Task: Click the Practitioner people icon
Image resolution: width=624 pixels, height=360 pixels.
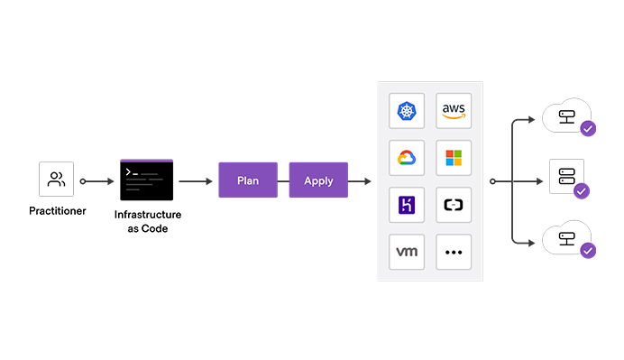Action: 56,180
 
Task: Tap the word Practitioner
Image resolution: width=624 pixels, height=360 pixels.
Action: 56,211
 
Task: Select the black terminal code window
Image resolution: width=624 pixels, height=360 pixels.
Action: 146,180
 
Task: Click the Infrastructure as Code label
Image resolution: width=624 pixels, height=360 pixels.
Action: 148,221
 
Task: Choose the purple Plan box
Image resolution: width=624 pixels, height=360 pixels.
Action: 248,180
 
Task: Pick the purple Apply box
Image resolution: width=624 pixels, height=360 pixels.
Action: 318,180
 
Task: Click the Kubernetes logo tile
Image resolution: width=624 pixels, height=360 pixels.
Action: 406,111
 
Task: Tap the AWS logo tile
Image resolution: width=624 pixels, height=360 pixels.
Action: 454,111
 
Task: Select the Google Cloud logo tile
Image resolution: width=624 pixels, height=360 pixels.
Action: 406,158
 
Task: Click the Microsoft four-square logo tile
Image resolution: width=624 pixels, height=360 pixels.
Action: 454,158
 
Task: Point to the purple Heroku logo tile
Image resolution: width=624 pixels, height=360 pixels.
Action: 406,205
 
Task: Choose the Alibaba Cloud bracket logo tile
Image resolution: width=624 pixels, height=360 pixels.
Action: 454,205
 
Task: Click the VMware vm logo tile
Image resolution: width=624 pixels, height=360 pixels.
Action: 406,252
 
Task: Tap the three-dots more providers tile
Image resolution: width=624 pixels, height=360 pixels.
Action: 454,252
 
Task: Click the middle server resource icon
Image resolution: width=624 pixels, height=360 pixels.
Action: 565,175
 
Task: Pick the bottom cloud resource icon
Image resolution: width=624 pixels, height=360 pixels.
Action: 565,239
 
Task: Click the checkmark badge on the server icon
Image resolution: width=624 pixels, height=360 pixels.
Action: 582,190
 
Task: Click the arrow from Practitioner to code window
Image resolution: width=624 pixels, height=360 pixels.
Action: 98,180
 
